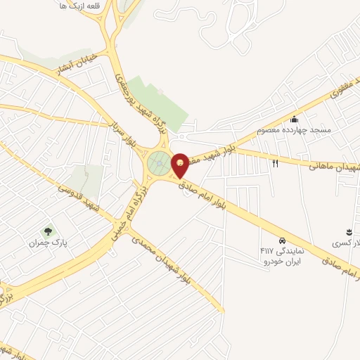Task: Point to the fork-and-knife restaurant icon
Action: click(x=275, y=163)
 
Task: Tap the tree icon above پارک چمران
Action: click(x=48, y=230)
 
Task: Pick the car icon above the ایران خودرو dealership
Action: click(x=282, y=240)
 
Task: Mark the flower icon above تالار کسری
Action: click(x=347, y=231)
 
